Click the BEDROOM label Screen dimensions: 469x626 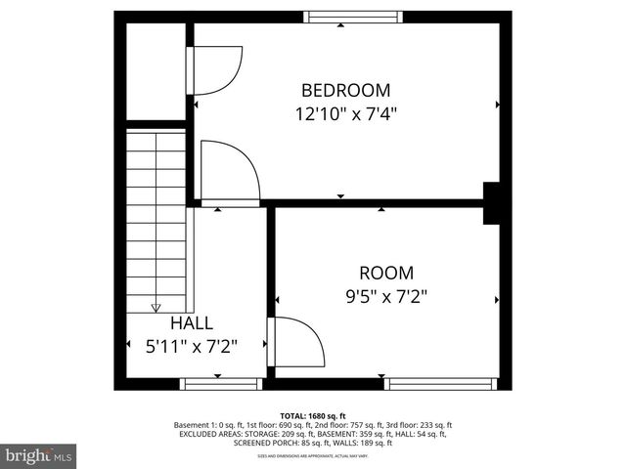click(345, 89)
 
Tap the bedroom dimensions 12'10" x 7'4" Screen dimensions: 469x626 click(345, 113)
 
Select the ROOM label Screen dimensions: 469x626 click(385, 273)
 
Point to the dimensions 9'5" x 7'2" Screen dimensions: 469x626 click(385, 294)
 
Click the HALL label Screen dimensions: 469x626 click(192, 322)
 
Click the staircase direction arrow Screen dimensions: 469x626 click(156, 308)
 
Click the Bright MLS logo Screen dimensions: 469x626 click(38, 454)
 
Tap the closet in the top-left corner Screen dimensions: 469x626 click(156, 71)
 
